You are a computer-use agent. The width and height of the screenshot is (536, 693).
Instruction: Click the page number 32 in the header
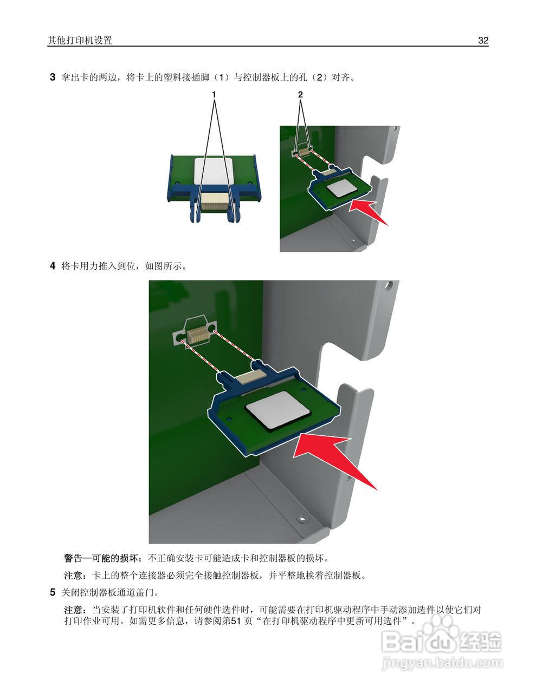point(483,41)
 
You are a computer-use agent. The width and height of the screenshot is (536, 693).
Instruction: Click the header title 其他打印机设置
point(80,41)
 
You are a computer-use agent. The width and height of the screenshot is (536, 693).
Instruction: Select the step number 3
point(53,77)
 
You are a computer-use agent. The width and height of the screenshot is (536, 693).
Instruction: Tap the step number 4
point(53,266)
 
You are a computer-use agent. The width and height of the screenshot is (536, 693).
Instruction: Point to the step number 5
point(53,592)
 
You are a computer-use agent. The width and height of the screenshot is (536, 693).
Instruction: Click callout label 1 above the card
point(214,94)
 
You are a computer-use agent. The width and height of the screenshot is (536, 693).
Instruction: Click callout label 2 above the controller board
point(300,94)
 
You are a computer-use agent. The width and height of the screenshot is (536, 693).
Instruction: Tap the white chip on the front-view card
point(214,170)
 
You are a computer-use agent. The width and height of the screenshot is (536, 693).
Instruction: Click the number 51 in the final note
point(236,621)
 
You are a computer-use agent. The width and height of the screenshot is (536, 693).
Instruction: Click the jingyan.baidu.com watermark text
point(442,663)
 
